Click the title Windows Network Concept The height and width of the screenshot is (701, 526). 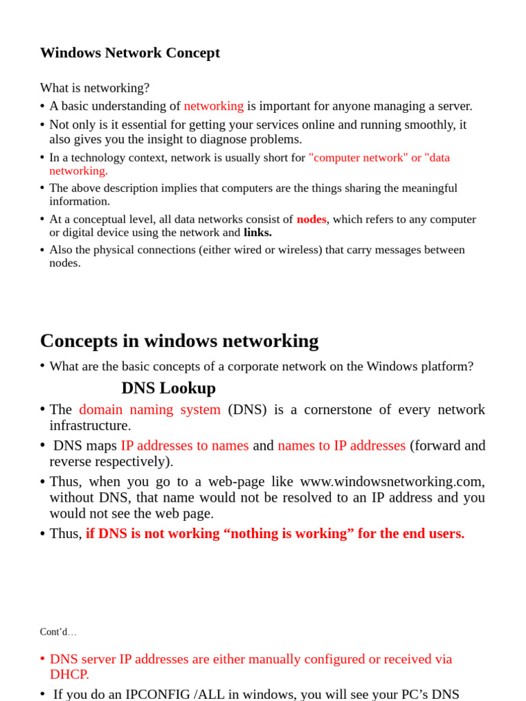click(x=130, y=53)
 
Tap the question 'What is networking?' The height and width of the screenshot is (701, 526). click(x=95, y=88)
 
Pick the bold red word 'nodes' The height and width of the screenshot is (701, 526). click(x=311, y=219)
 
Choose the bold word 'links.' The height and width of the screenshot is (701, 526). click(x=258, y=232)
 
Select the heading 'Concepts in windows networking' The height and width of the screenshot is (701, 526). click(x=179, y=341)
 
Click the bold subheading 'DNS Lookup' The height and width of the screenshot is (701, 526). click(x=168, y=388)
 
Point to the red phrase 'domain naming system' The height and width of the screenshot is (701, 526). click(x=149, y=409)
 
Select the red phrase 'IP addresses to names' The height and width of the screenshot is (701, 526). click(x=185, y=446)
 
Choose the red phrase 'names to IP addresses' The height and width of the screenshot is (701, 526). click(x=342, y=446)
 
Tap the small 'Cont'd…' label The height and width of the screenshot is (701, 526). click(x=58, y=632)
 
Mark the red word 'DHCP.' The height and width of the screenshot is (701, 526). click(x=69, y=674)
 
